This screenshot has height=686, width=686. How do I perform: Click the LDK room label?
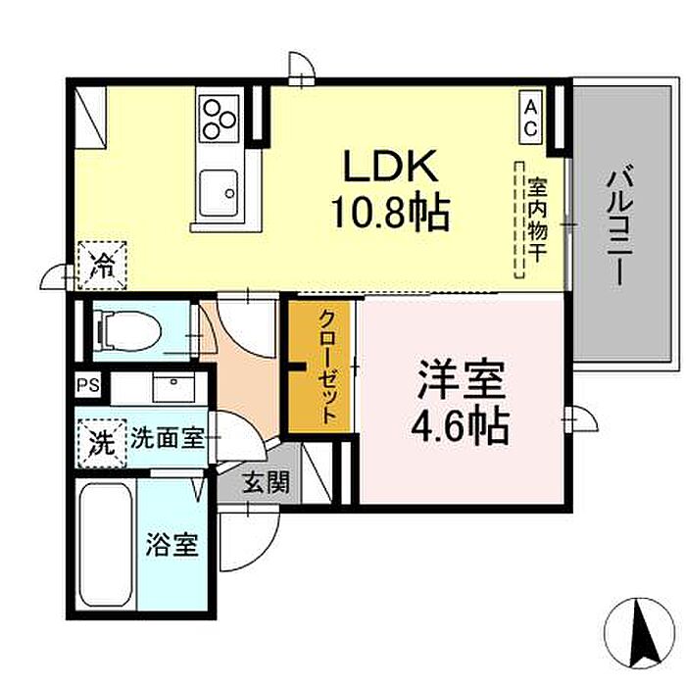pos(388,168)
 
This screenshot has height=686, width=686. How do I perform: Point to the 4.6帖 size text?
pos(462,426)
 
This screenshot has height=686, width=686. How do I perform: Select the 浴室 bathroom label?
pos(172,545)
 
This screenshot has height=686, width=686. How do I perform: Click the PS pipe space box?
pos(89,385)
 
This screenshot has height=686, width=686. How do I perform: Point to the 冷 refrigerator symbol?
pos(101,264)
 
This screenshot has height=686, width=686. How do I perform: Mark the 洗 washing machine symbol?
pos(101,437)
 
